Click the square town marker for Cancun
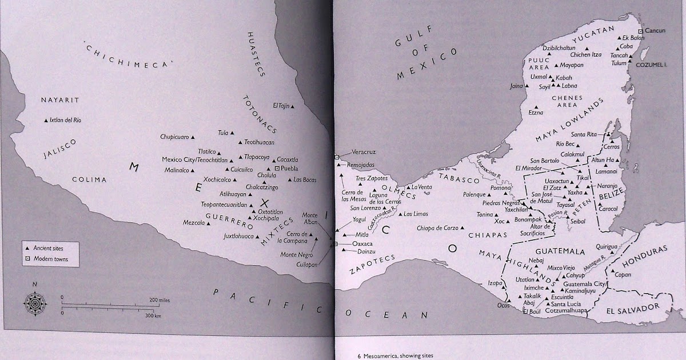[x=641, y=31]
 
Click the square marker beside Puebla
[x=278, y=169]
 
